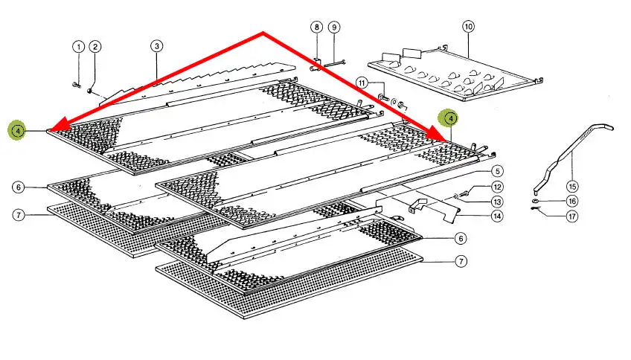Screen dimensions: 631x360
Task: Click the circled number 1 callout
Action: [78, 47]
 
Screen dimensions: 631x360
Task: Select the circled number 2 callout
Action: [95, 47]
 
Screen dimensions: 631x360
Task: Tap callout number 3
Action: [156, 46]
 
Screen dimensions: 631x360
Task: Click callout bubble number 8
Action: [317, 28]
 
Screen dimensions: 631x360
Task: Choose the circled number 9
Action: [334, 28]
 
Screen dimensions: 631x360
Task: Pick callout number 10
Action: [468, 27]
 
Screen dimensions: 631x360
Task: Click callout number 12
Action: [496, 187]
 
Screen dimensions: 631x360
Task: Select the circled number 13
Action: [496, 202]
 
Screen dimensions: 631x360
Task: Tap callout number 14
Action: [496, 216]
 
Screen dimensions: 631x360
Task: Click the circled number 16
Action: [571, 201]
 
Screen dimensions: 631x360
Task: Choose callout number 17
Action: [571, 216]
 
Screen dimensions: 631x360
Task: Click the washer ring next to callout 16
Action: [536, 200]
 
